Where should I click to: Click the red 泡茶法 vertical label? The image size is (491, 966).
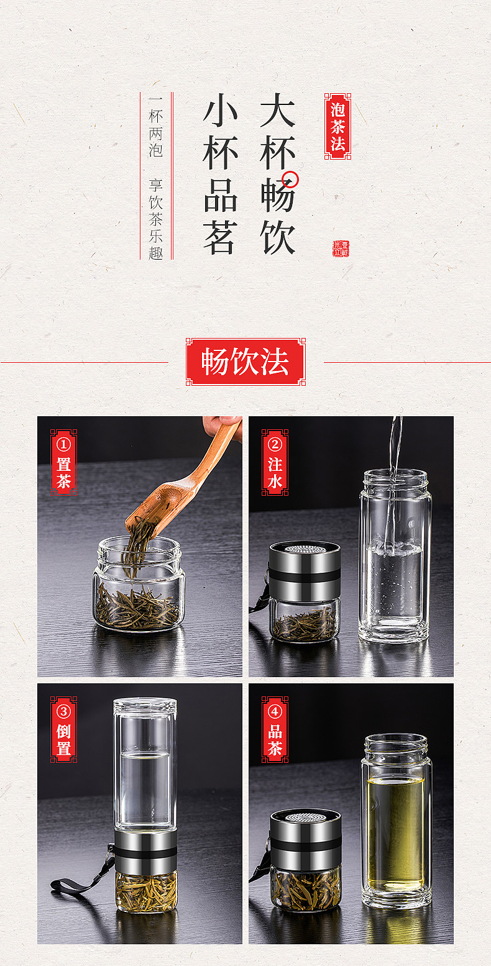337,127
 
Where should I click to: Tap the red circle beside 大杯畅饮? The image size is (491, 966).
290,180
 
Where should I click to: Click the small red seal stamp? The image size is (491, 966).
341,248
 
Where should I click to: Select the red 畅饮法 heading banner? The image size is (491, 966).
245,362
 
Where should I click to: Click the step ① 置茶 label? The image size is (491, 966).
63,462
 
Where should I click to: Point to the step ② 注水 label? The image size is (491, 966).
275,462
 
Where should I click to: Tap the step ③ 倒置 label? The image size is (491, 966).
63,729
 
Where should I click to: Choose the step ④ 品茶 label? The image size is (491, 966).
275,729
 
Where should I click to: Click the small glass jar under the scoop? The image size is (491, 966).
138,587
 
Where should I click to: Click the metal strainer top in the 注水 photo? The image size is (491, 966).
305,550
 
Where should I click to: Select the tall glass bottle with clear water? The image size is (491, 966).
395,559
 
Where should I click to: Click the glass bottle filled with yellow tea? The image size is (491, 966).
395,823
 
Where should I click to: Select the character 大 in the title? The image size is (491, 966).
277,111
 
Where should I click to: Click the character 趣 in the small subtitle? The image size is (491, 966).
155,253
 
